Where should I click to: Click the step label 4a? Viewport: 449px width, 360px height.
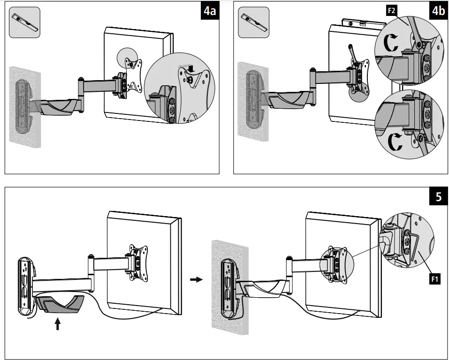209,12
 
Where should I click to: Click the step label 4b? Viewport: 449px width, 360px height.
438,12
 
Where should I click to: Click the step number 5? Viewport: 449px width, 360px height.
438,197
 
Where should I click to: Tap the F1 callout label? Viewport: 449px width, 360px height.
434,280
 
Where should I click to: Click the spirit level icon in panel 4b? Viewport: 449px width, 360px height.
254,22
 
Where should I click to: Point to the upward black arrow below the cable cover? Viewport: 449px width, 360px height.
58,323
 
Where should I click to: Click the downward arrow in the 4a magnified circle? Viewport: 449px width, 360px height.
190,69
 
